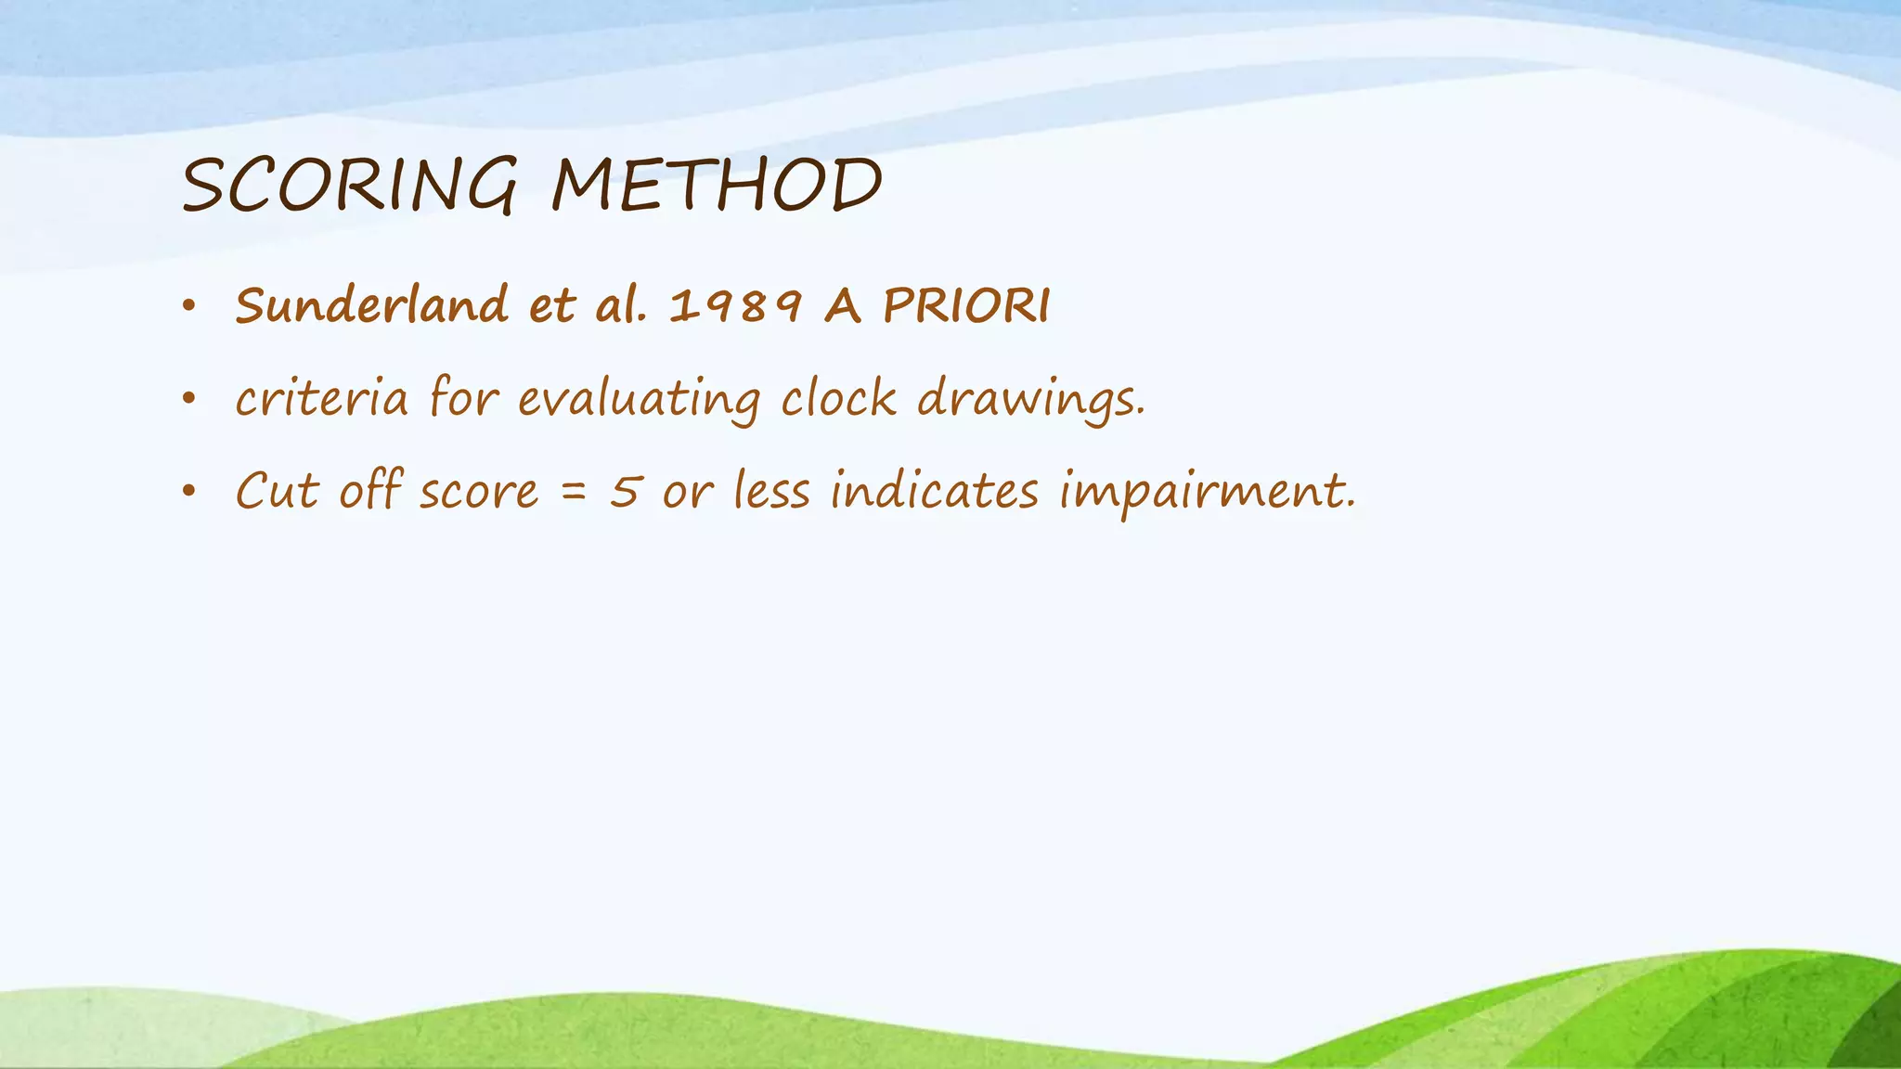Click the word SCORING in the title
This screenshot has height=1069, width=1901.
[349, 186]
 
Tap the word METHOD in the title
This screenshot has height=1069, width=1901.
[716, 186]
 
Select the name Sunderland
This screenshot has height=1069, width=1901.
[371, 305]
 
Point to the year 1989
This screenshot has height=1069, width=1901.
[735, 306]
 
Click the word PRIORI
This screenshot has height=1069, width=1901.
[966, 305]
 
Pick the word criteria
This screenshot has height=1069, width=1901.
[321, 399]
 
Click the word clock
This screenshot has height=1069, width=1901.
[838, 399]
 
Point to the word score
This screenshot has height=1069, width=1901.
[478, 493]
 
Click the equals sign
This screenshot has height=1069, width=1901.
[575, 493]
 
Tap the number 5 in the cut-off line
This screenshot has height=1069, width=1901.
[625, 491]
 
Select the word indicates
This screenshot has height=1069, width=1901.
[934, 491]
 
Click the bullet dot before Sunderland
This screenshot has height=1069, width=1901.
[189, 306]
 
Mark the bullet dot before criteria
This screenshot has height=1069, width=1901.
[189, 399]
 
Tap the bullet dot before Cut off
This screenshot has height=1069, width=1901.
[189, 492]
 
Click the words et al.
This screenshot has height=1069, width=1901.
[587, 305]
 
